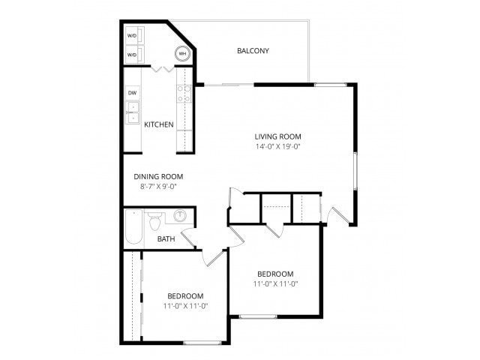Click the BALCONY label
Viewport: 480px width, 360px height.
(253, 51)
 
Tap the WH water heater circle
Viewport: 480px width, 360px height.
(182, 54)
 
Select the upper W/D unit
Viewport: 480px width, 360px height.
(132, 36)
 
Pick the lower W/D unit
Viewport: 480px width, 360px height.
(132, 55)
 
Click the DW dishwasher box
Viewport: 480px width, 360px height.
(132, 93)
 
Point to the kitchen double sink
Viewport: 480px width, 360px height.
(132, 112)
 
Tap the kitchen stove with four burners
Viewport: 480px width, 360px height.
(184, 93)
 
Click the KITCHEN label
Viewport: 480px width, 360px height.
(159, 124)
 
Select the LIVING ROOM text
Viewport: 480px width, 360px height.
(277, 136)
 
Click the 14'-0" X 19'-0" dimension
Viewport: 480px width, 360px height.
(277, 147)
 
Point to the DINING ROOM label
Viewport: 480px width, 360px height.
(158, 177)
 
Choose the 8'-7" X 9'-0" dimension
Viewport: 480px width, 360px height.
(158, 187)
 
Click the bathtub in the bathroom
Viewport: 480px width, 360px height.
(133, 227)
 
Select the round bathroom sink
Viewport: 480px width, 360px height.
(181, 217)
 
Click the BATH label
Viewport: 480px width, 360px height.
(166, 239)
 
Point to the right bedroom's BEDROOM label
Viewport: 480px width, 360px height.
(274, 274)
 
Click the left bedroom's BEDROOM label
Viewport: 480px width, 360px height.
(185, 295)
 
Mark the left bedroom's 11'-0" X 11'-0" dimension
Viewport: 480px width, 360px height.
(185, 306)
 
